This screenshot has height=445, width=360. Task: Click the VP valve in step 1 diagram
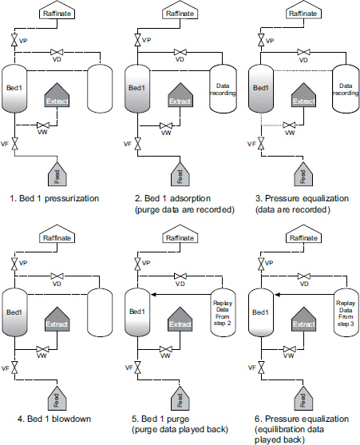click(x=14, y=40)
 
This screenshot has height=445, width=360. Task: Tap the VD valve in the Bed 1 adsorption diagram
click(x=180, y=52)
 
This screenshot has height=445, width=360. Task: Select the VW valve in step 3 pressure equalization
click(x=289, y=125)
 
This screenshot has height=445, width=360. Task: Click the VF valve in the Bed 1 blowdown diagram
click(x=14, y=368)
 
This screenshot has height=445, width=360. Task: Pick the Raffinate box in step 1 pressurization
click(x=57, y=10)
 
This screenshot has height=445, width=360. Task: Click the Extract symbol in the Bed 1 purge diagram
click(x=180, y=319)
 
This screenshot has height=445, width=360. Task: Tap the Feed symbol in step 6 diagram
click(x=303, y=398)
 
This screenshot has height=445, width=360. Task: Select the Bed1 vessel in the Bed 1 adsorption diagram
click(x=137, y=88)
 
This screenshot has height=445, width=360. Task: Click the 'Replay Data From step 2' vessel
click(x=223, y=313)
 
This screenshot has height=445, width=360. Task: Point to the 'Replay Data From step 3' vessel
click(x=346, y=313)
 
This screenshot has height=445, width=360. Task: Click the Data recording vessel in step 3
click(x=346, y=88)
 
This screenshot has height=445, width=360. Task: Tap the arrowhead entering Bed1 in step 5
click(x=153, y=295)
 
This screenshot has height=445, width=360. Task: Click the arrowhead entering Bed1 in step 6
click(x=277, y=295)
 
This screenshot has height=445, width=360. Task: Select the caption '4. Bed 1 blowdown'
click(x=54, y=419)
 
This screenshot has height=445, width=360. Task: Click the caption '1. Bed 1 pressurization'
click(x=54, y=198)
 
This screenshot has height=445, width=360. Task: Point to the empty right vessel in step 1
click(x=100, y=88)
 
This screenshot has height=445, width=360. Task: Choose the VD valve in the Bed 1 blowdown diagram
click(x=57, y=276)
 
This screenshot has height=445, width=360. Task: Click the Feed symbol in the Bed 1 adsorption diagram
click(x=180, y=173)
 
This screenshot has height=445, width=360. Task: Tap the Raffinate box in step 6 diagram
click(x=303, y=235)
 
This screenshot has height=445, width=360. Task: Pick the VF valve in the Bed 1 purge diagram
click(x=137, y=368)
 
